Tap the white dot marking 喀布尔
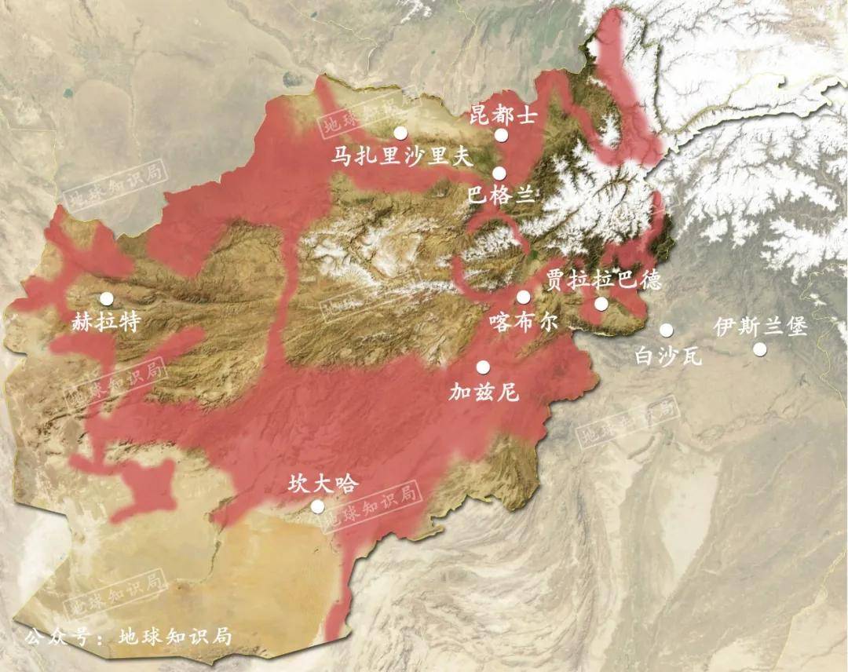pyautogui.click(x=524, y=297)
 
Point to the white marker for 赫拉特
pyautogui.click(x=106, y=298)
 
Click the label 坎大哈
pyautogui.click(x=323, y=484)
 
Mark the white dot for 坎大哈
pyautogui.click(x=317, y=506)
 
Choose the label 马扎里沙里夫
pyautogui.click(x=400, y=157)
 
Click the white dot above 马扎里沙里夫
pyautogui.click(x=401, y=133)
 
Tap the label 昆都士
pyautogui.click(x=503, y=116)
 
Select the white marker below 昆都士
pyautogui.click(x=502, y=135)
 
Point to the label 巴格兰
pyautogui.click(x=500, y=195)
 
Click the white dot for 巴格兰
pyautogui.click(x=499, y=173)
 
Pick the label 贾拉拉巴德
pyautogui.click(x=603, y=280)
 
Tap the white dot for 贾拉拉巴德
pyautogui.click(x=601, y=304)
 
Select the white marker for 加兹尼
pyautogui.click(x=483, y=367)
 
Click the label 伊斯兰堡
pyautogui.click(x=761, y=327)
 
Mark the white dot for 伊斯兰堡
pyautogui.click(x=760, y=349)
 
